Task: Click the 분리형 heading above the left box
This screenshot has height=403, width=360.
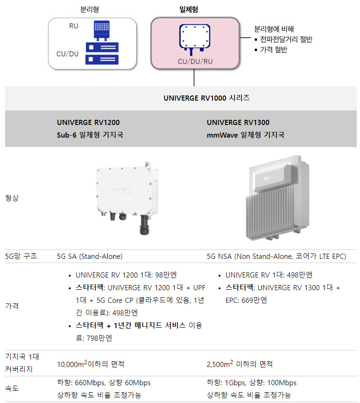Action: tap(89, 9)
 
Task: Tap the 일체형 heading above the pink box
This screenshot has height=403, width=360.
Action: tap(189, 9)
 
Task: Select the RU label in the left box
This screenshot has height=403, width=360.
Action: tap(73, 26)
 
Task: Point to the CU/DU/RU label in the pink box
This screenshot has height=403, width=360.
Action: tap(195, 61)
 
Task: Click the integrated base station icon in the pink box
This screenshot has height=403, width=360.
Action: tap(195, 39)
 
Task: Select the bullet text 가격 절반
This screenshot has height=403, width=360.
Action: tap(273, 49)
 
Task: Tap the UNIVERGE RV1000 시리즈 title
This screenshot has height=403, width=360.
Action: tap(207, 98)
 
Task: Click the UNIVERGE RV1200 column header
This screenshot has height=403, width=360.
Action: tap(88, 122)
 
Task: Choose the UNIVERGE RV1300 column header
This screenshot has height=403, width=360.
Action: tap(238, 122)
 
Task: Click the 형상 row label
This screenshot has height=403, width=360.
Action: tap(12, 198)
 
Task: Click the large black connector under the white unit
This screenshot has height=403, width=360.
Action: tap(144, 225)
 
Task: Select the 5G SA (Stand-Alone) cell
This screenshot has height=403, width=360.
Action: tap(90, 256)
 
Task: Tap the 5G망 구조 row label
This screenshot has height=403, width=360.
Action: tap(21, 256)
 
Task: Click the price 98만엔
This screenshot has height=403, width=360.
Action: tap(166, 275)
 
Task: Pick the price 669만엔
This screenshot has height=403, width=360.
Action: tap(254, 300)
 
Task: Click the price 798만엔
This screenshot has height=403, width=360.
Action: tap(99, 338)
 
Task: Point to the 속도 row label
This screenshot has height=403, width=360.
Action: tap(12, 388)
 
